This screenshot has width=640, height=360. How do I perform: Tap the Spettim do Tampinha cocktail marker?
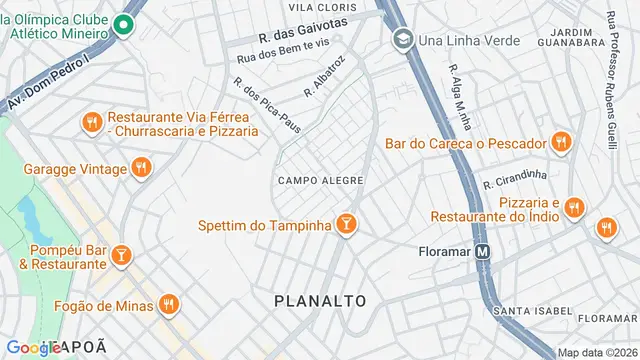click(346, 225)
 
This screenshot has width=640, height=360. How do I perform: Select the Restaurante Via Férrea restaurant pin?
click(92, 123)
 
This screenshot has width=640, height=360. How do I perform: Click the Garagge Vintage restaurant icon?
click(142, 169)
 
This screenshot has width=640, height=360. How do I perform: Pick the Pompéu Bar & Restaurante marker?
click(122, 257)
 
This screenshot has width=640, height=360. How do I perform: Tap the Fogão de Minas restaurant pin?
click(169, 304)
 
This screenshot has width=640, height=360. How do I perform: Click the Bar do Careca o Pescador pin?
click(559, 142)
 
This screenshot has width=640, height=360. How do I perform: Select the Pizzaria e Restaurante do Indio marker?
click(573, 208)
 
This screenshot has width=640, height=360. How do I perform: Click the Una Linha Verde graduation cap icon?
click(402, 40)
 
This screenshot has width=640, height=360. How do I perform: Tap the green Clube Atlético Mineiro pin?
click(124, 25)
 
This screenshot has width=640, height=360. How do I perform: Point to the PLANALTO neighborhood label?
click(320, 300)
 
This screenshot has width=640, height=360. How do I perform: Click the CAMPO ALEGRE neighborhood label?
click(320, 180)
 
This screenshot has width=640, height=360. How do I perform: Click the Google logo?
click(34, 347)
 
